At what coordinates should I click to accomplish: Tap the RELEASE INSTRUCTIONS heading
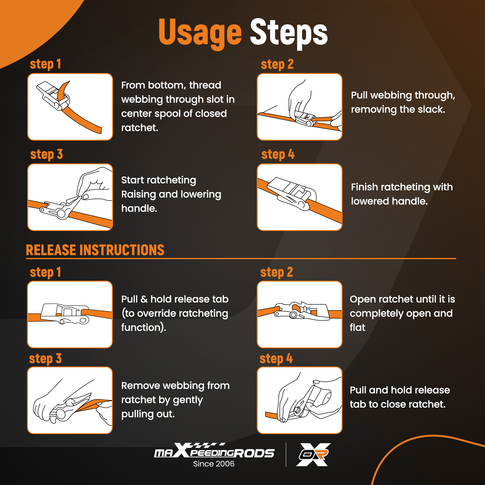tap(95, 250)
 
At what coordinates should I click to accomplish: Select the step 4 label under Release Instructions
tap(276, 359)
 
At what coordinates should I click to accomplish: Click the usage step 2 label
tap(277, 64)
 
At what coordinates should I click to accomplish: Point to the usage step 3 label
tap(47, 154)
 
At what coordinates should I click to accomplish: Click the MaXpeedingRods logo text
tap(214, 451)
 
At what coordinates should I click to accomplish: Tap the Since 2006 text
tap(214, 464)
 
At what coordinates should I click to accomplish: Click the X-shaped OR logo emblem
tap(313, 454)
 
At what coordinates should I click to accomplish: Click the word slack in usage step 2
tap(431, 109)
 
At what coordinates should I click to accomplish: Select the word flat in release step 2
tap(357, 327)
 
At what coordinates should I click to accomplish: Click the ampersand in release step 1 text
tap(144, 299)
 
